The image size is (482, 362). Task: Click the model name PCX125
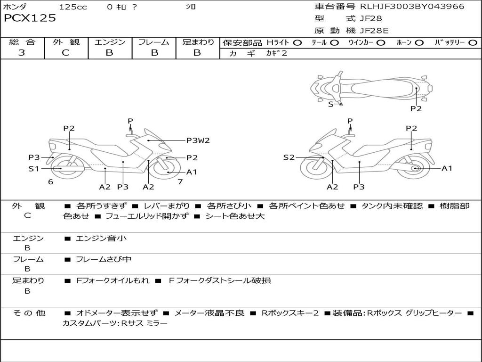pos(30,18)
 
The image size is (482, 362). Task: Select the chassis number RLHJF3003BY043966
pos(412,7)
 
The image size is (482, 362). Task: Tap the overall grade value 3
pos(22,53)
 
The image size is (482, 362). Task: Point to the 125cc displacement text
pos(73,7)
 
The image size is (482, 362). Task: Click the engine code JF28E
pos(375,31)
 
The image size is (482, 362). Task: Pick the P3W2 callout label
pos(198,140)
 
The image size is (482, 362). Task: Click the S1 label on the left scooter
pos(34,168)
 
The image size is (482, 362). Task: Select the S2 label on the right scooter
pos(289,157)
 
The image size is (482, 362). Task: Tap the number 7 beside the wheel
pos(180,181)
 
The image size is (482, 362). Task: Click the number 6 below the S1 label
pos(50,181)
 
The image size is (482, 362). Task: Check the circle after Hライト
pos(297,42)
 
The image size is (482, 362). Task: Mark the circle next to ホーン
pos(419,42)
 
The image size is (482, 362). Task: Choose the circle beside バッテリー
pos(473,42)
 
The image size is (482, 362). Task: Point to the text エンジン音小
pos(101,239)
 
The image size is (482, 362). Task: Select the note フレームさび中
pos(104,259)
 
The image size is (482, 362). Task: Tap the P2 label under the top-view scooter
pos(416,108)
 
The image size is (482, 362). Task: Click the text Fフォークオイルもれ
pos(113,280)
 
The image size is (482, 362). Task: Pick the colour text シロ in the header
pos(191,7)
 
